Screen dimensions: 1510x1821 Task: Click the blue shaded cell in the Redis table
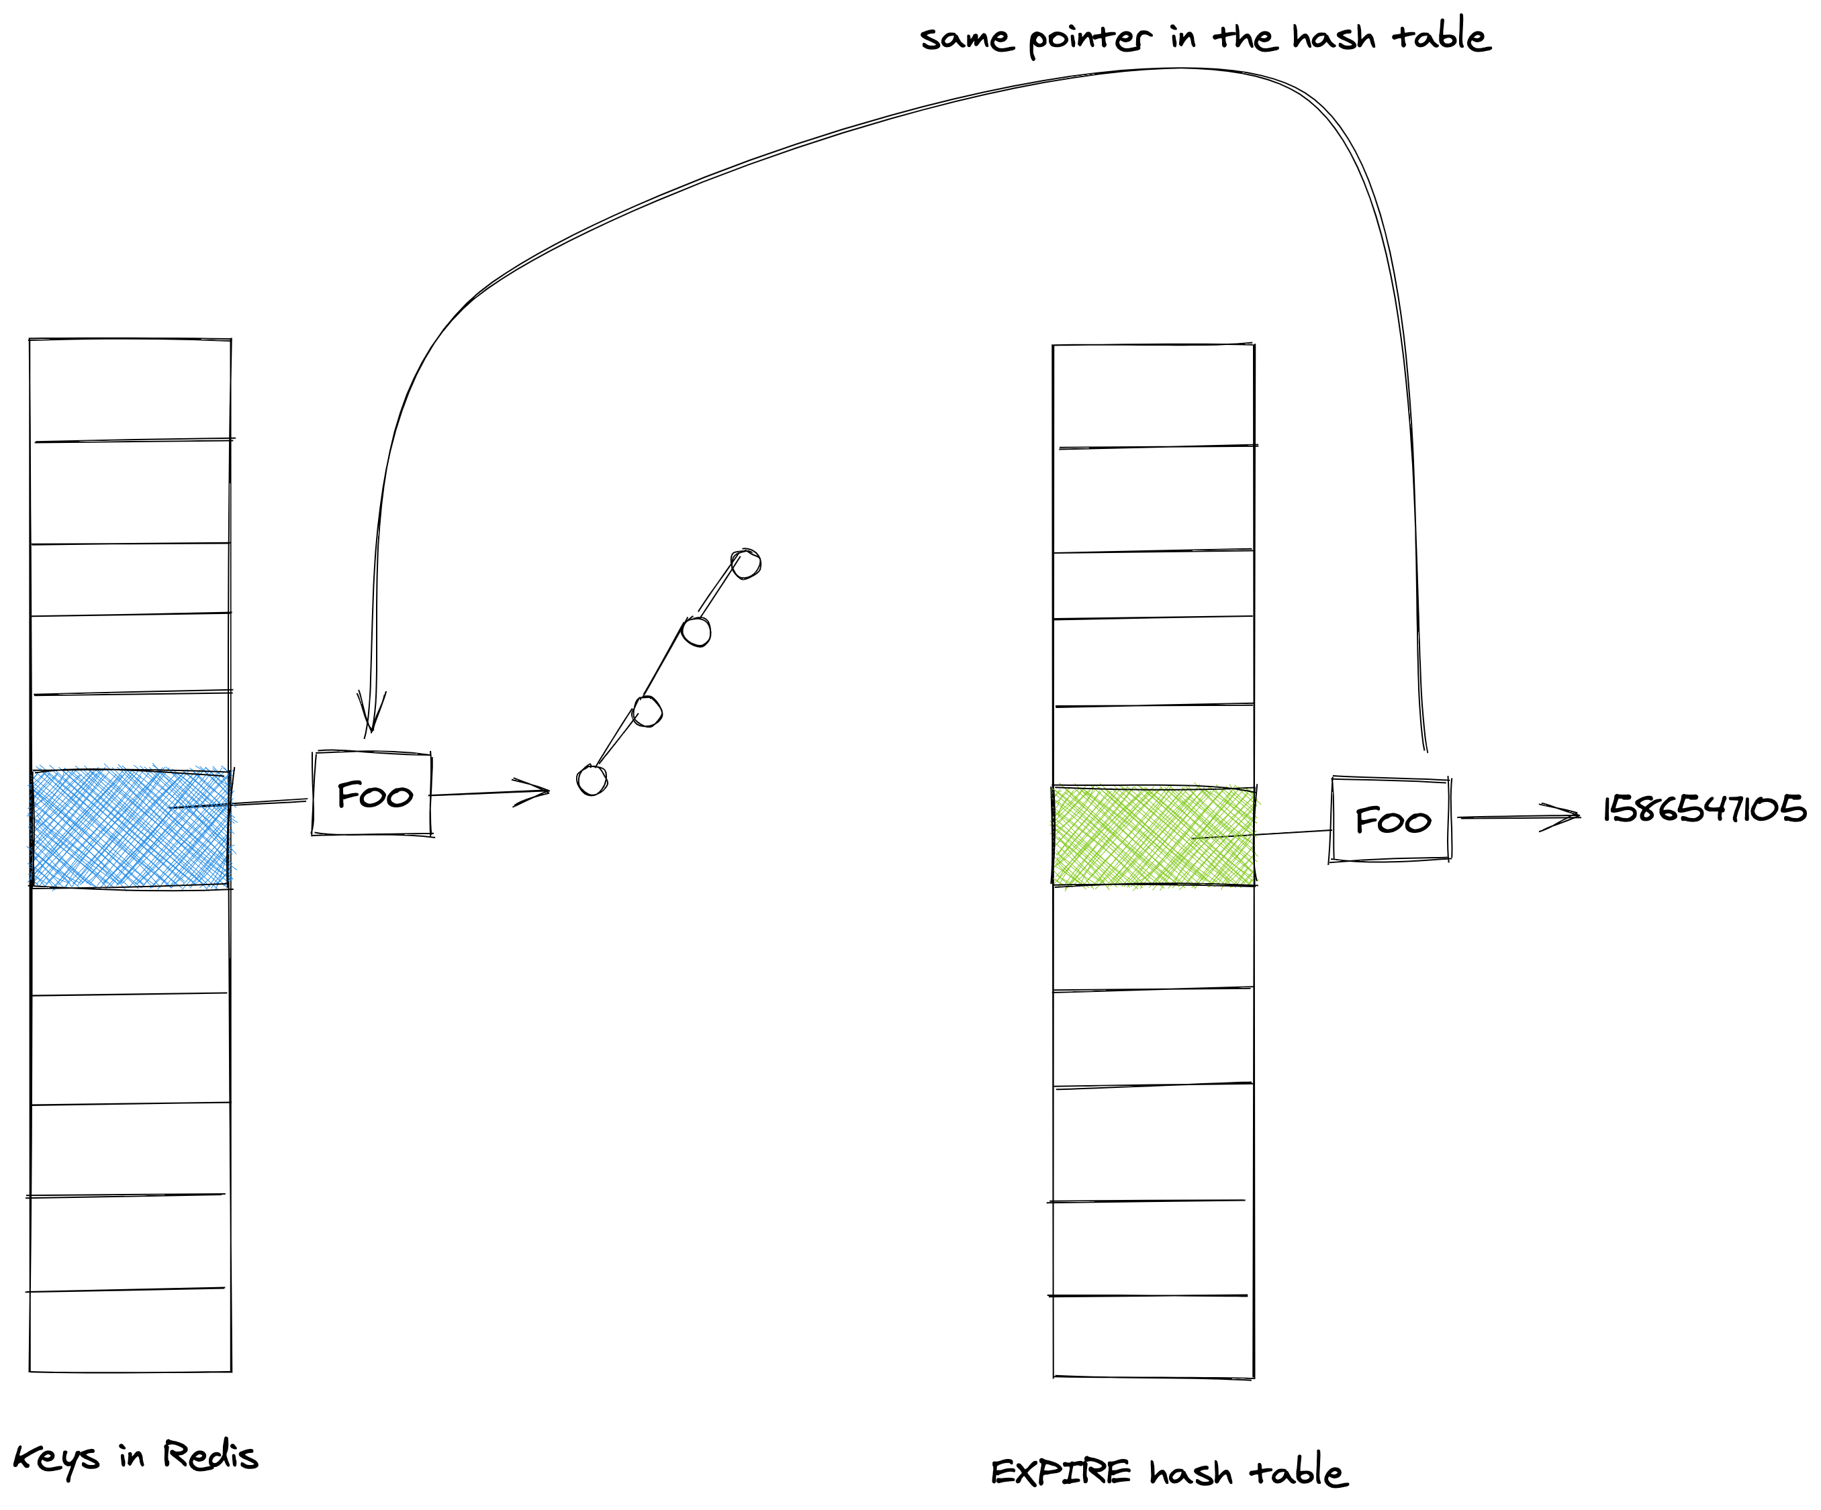pyautogui.click(x=130, y=827)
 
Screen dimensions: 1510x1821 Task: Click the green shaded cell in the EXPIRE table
pyautogui.click(x=1154, y=836)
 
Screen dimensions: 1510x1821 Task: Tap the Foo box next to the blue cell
pyautogui.click(x=372, y=794)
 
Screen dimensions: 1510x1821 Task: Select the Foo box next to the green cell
pyautogui.click(x=1390, y=819)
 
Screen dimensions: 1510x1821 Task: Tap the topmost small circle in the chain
pyautogui.click(x=746, y=564)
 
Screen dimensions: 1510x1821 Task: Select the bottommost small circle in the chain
pyautogui.click(x=592, y=780)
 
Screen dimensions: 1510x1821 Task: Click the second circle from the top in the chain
pyautogui.click(x=696, y=631)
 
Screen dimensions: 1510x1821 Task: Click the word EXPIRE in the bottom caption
pyautogui.click(x=1060, y=1472)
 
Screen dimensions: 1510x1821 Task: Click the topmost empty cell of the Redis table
pyautogui.click(x=130, y=390)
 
